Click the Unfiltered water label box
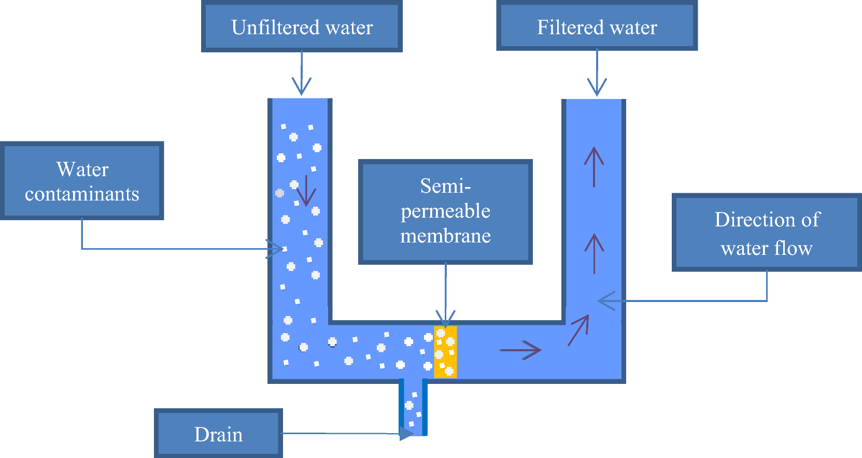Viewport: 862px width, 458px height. [302, 27]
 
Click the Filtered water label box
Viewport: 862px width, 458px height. [597, 27]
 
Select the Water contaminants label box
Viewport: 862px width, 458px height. [82, 181]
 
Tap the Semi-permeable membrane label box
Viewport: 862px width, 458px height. [445, 211]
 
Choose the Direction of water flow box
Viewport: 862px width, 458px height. [766, 233]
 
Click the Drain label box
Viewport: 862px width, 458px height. [218, 434]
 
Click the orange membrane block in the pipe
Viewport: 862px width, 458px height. [445, 352]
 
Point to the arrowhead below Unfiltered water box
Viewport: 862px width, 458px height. [302, 87]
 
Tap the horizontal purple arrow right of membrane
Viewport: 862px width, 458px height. [520, 350]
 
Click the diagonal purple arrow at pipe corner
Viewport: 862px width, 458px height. [579, 330]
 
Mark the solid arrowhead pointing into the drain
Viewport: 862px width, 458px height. [406, 433]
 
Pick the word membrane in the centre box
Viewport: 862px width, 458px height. [445, 236]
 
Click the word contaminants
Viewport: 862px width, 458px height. [82, 194]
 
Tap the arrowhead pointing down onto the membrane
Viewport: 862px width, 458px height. [445, 318]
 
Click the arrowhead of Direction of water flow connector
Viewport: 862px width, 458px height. [605, 300]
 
